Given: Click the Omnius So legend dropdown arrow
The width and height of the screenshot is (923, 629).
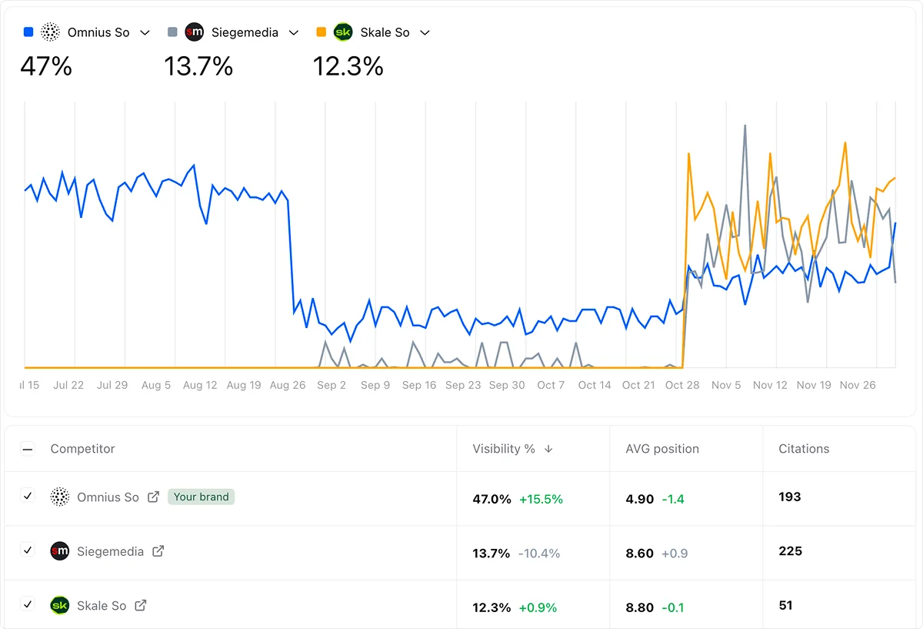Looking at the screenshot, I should [145, 33].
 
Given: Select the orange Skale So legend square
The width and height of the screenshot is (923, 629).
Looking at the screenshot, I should [322, 32].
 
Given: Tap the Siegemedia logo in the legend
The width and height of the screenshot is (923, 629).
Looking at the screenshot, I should [195, 32].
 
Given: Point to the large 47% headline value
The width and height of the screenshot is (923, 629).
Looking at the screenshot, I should [46, 66].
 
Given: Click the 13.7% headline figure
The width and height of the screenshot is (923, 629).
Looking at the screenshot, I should [198, 66].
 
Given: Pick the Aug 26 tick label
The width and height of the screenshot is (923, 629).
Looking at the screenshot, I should [288, 385].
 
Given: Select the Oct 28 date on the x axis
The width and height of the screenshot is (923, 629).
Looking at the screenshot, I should [682, 385].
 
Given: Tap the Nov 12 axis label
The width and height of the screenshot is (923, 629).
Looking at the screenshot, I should [770, 385].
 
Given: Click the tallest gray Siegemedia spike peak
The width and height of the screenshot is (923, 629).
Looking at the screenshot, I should [745, 125].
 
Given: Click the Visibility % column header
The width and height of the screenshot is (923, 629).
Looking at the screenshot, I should [504, 449].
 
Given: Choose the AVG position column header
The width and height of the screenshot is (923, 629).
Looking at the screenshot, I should [662, 449].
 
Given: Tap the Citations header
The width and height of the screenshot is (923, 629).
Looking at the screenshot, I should [804, 449].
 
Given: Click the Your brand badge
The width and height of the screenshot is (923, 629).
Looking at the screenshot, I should [201, 497].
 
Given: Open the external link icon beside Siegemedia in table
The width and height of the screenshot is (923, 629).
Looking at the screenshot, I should [158, 551].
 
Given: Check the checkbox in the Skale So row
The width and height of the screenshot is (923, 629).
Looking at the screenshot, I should [28, 604].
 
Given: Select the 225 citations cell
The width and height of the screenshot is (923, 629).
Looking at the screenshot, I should [790, 551].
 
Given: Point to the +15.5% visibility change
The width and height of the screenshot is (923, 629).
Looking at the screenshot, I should [541, 499].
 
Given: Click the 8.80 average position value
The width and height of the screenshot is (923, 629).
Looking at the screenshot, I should [640, 607].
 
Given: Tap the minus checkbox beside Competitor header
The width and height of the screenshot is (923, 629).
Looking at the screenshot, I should [28, 449].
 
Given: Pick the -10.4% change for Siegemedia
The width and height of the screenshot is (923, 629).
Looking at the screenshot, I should [538, 554].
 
